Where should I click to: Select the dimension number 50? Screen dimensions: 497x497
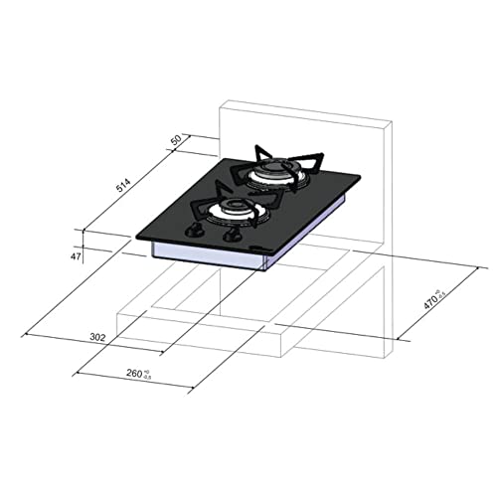coord(177,140)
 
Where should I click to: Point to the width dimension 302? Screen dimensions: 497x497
coord(97,338)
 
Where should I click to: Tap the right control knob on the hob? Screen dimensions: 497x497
coord(232,239)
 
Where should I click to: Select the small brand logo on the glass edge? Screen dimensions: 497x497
coord(261,245)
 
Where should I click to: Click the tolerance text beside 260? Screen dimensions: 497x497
coord(148,374)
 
